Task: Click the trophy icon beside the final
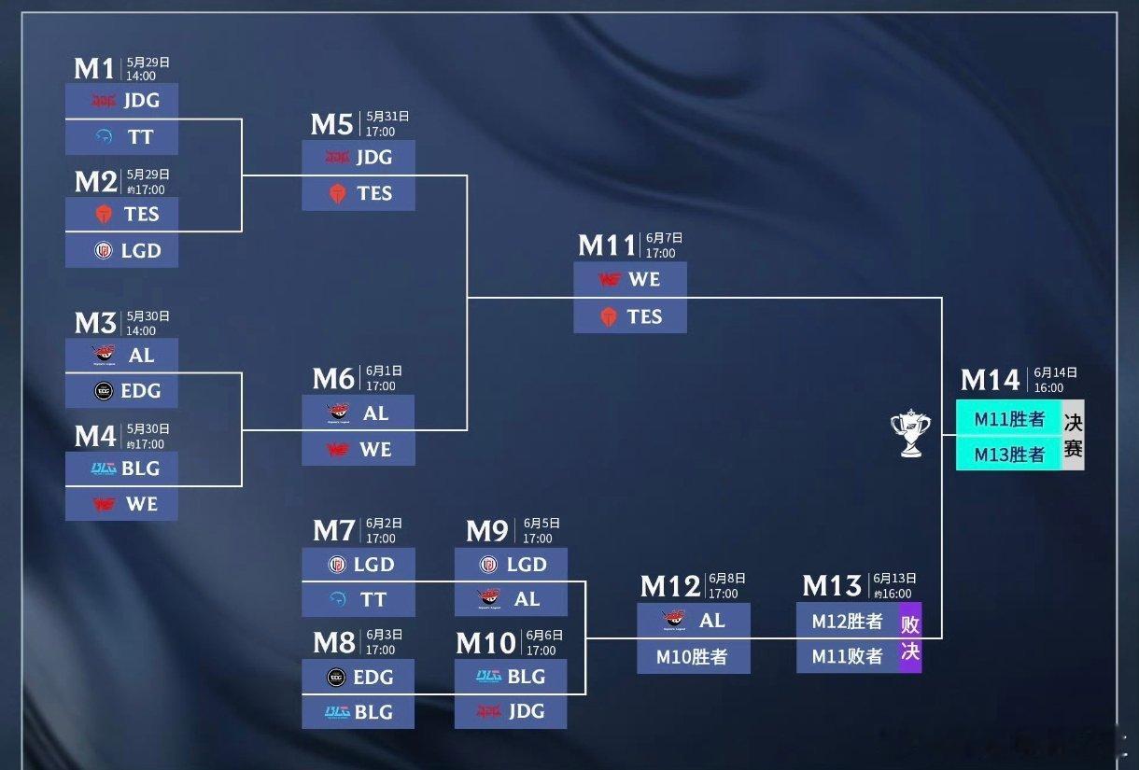pos(910,433)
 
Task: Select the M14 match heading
pos(990,380)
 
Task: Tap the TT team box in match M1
pos(121,137)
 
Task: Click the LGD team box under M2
pos(121,250)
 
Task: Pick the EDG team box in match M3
pos(121,391)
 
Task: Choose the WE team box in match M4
pos(121,504)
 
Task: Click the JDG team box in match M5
pos(359,157)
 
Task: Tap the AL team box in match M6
pos(359,413)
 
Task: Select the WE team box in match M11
pos(630,279)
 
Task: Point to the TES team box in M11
pos(630,316)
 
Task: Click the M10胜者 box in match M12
pos(694,657)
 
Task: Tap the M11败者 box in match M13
pos(848,657)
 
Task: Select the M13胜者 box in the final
pos(1009,455)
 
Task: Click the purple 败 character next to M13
pos(910,624)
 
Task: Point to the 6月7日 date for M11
pos(664,238)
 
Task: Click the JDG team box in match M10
pos(511,712)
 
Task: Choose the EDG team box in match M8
pos(358,677)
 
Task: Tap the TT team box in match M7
pos(359,600)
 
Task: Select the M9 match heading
pos(486,531)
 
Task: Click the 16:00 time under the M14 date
pos(1048,387)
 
